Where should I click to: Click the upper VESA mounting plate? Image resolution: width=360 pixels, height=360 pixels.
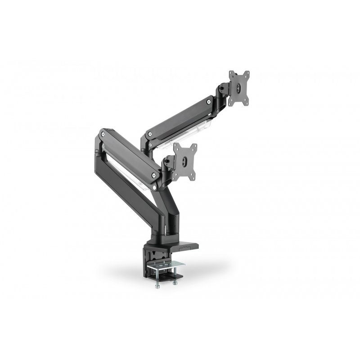click(x=239, y=89)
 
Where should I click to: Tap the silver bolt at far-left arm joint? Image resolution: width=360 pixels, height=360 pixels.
click(x=103, y=134)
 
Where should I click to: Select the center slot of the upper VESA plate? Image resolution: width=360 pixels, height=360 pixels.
click(x=239, y=89)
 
